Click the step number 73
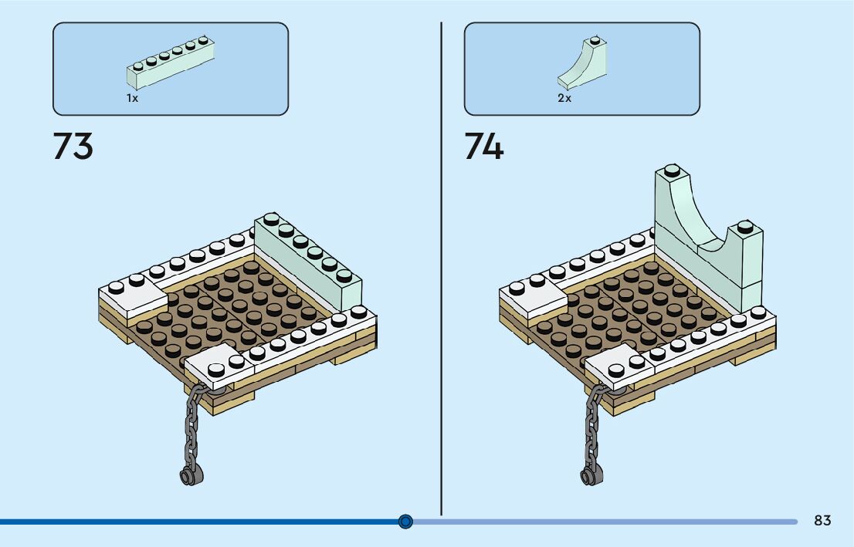tap(73, 146)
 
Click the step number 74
tap(483, 146)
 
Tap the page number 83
tap(822, 521)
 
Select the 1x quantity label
tap(133, 99)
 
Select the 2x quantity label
tap(564, 99)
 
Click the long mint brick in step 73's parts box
tap(171, 64)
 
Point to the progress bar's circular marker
tap(406, 522)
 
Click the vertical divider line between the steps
tap(441, 270)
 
